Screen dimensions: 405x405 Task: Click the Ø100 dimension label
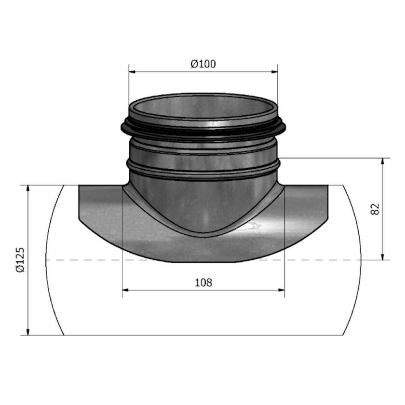203,64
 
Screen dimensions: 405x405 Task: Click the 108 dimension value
203,283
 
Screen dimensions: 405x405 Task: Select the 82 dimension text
377,209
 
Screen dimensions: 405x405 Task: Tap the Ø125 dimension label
19,260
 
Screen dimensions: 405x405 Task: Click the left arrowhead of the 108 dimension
126,290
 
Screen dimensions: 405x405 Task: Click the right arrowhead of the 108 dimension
281,290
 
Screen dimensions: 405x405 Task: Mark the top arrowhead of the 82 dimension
383,161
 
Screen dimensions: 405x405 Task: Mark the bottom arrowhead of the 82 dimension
383,256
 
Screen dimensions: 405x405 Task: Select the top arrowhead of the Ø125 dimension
28,189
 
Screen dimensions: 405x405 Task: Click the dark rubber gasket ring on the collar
203,129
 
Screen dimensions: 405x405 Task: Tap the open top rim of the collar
203,96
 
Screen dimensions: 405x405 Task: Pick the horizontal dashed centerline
96,260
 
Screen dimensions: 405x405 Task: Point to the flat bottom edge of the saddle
203,262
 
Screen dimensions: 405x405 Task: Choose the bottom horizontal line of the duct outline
203,335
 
